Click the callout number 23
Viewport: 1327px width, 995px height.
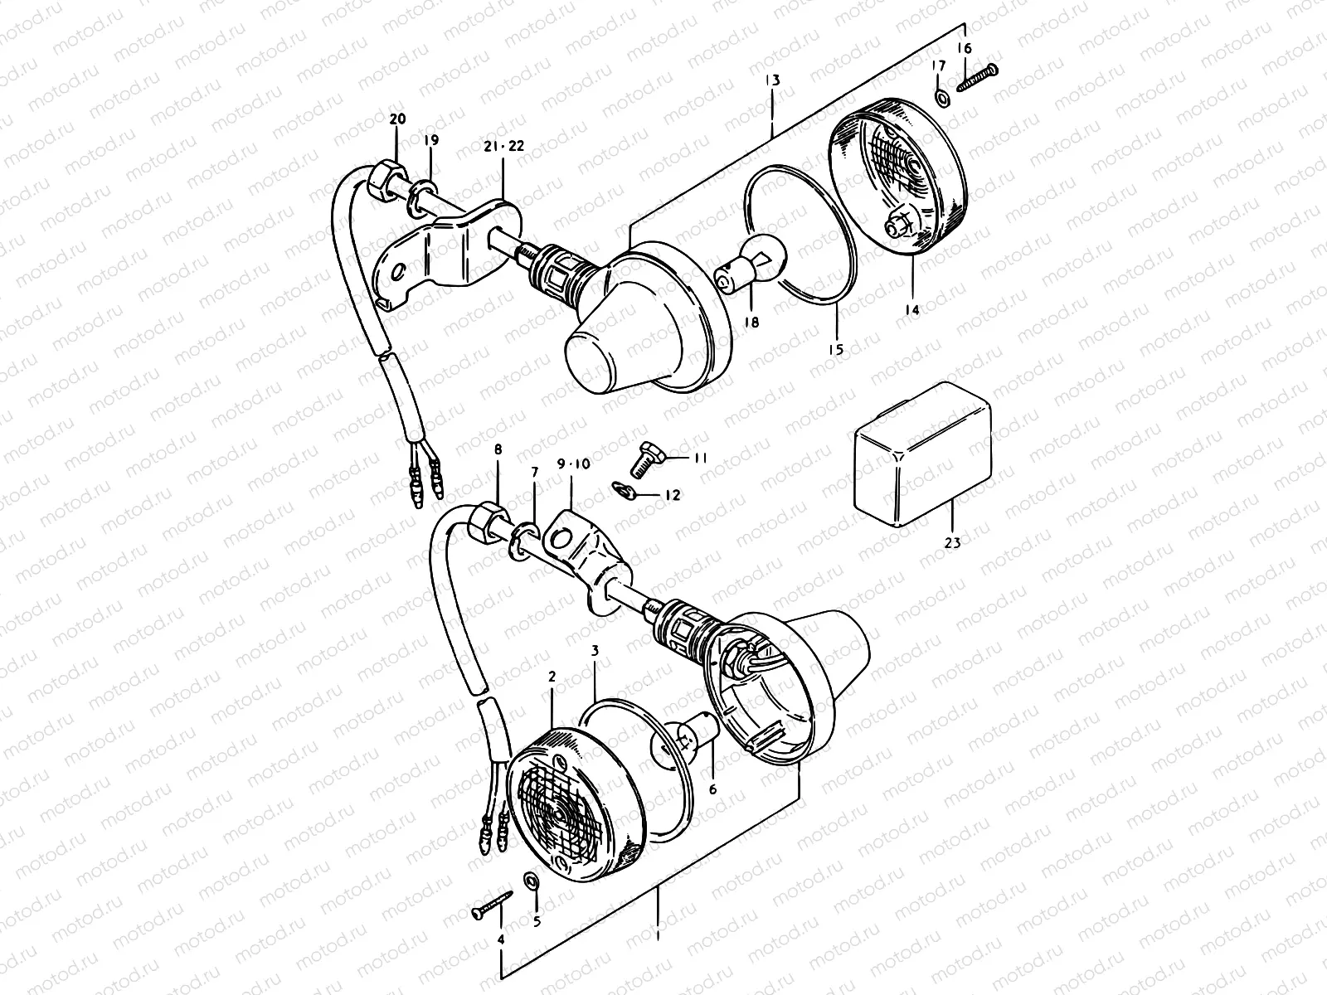(952, 544)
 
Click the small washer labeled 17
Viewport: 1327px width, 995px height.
(942, 99)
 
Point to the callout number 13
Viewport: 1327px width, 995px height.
(772, 80)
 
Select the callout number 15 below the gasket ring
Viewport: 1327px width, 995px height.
(835, 350)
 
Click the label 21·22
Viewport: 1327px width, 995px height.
(504, 146)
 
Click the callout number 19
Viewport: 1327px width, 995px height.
(431, 141)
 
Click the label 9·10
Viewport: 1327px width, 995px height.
(573, 464)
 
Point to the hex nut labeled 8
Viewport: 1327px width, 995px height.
(484, 524)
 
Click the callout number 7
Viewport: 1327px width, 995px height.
(535, 472)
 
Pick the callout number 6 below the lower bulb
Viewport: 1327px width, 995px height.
(712, 790)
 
